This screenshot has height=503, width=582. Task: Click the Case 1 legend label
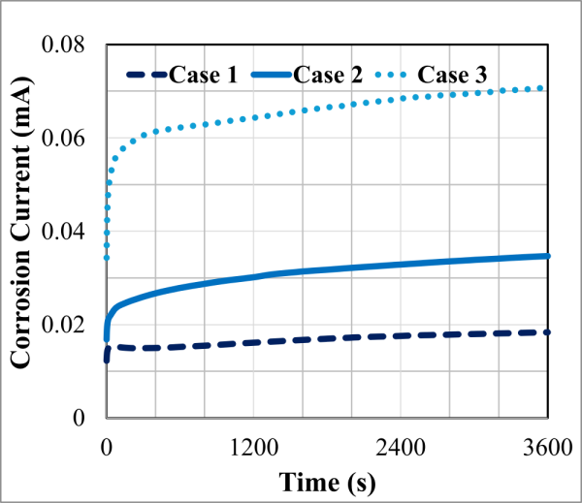(x=204, y=74)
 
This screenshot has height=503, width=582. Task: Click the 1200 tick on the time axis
(x=253, y=448)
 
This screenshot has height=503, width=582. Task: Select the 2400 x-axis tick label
(x=401, y=448)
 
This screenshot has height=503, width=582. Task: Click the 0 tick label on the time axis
(x=106, y=448)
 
